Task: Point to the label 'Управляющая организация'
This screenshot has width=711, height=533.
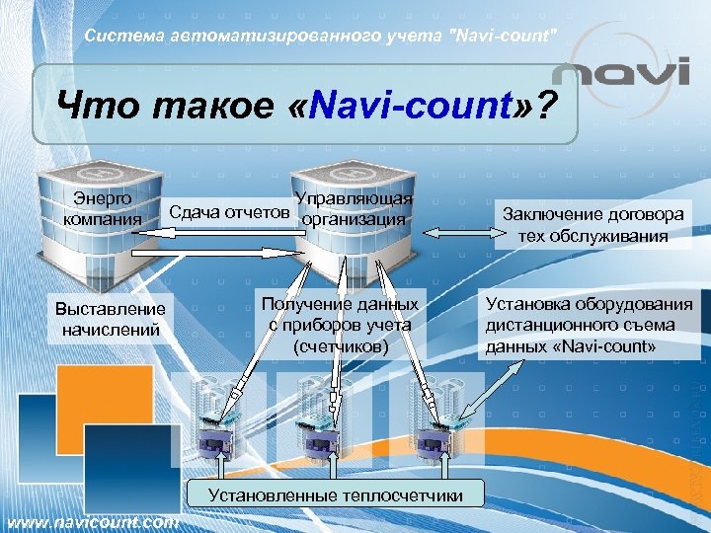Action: coord(354,209)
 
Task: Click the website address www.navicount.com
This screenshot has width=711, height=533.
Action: coord(92,522)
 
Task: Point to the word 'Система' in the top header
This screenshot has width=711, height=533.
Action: coord(116,37)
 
